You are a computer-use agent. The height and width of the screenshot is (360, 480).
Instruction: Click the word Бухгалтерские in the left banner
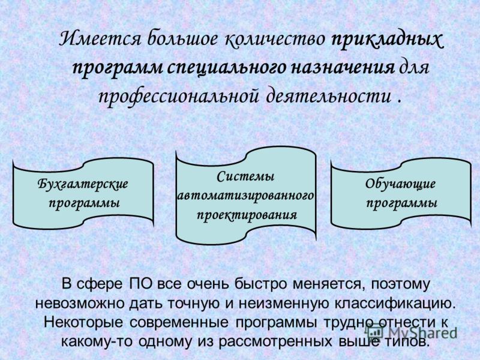coord(83,184)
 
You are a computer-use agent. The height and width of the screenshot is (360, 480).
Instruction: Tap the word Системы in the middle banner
coord(246,176)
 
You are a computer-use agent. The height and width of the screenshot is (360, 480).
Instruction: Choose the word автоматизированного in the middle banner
coord(246,196)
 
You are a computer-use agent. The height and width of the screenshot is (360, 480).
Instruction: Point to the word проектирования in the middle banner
coord(247,215)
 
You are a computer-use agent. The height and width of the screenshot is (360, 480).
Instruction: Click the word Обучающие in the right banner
coord(400,184)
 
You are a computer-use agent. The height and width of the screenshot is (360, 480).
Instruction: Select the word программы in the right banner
coord(402,203)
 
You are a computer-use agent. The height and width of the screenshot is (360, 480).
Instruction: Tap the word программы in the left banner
coord(84,203)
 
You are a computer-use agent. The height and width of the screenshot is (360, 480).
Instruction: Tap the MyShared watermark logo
coord(411,332)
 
